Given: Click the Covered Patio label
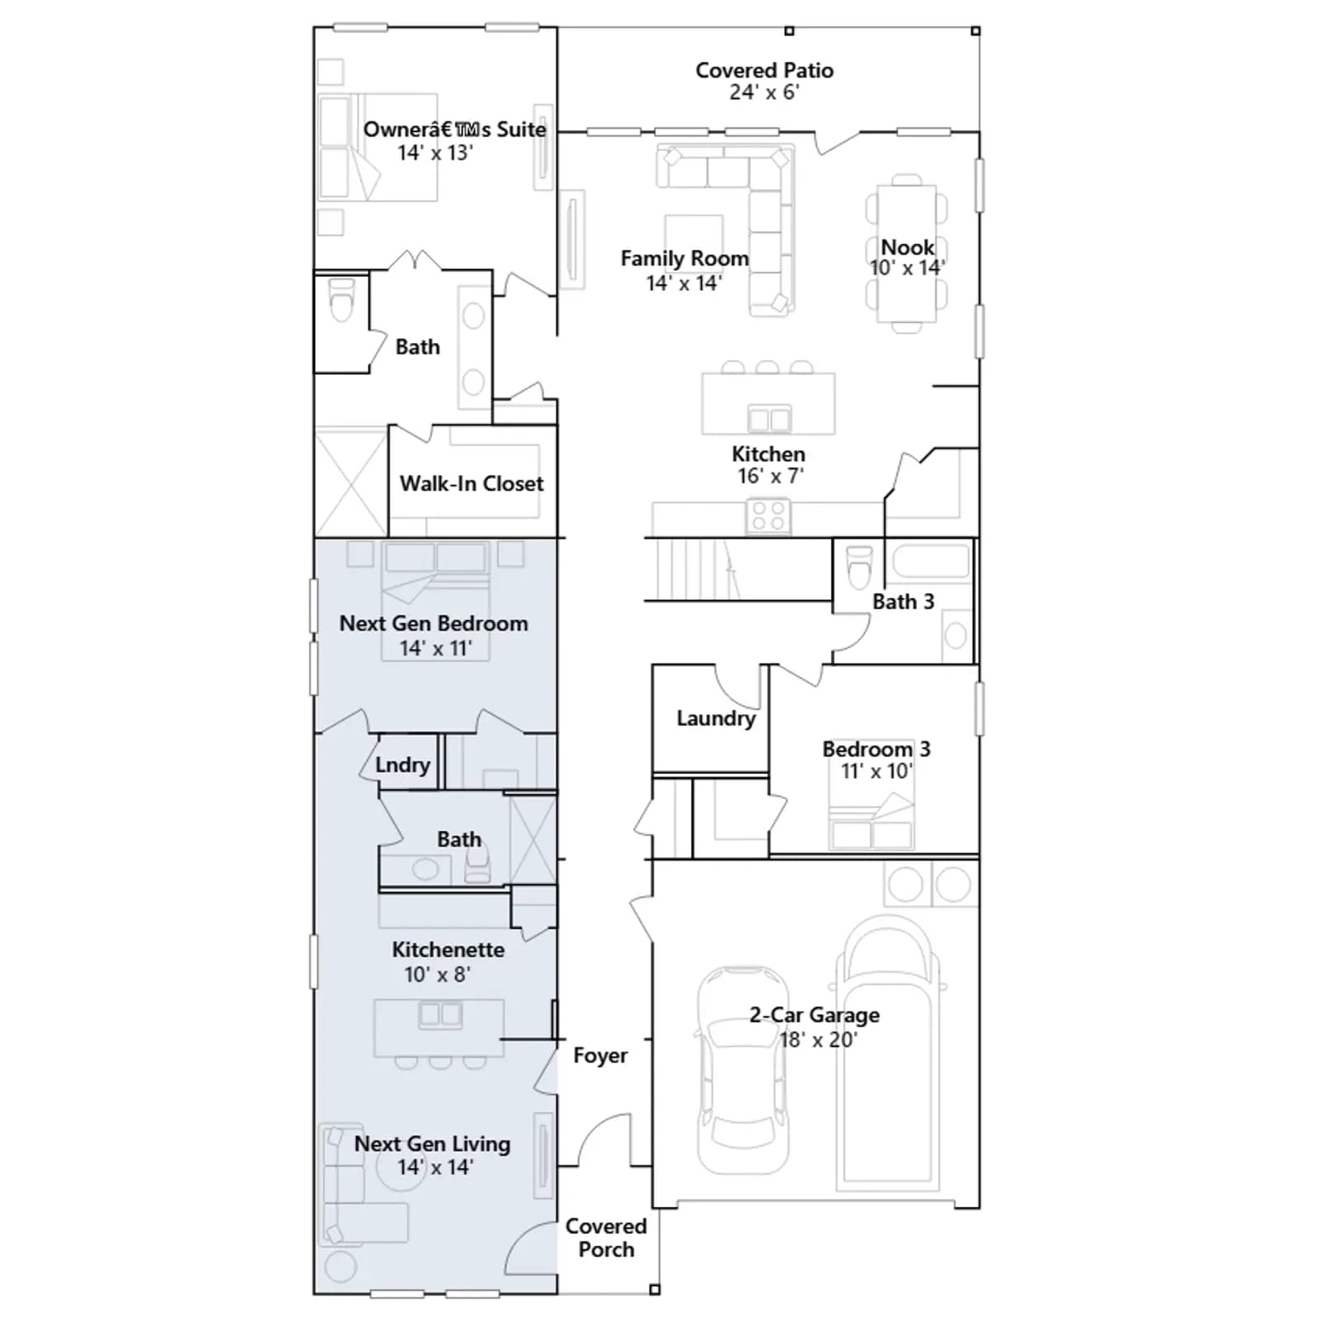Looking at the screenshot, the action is (764, 70).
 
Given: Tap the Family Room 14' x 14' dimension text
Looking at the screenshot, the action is (683, 283).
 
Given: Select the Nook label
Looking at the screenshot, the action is (908, 247).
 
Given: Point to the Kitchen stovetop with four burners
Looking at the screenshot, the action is (768, 517).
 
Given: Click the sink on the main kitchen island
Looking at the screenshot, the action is (769, 418).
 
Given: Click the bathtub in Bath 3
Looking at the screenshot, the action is (931, 561).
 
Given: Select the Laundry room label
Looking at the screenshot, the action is (716, 718).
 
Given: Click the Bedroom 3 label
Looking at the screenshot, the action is (876, 749).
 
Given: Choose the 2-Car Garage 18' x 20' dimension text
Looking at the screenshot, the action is (819, 1040).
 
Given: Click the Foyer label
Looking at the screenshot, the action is (600, 1055).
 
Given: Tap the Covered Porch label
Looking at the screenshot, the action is (606, 1237).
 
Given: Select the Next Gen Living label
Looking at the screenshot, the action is (432, 1143).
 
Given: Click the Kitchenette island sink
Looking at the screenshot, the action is (440, 1014).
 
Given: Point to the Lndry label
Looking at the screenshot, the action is (402, 765).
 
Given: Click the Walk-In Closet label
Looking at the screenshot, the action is (472, 483).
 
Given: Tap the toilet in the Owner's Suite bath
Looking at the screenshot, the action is (340, 299).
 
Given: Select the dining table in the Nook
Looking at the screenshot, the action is (906, 254).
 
